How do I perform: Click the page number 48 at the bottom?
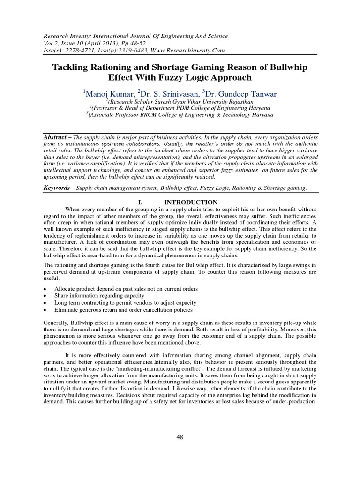(x=180, y=437)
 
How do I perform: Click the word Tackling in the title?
(x=72, y=67)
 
